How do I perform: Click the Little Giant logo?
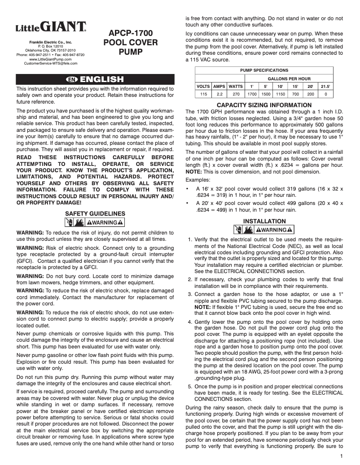[52, 28]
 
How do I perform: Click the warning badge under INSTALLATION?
[264, 230]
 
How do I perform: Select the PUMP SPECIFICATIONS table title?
[264, 70]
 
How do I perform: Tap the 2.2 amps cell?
[219, 94]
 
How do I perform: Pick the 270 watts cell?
[235, 94]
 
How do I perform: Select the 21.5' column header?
[325, 86]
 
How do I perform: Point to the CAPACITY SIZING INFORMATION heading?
[264, 105]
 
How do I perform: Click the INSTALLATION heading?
[264, 221]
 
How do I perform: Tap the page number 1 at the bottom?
[342, 456]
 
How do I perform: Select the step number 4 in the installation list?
[190, 322]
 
